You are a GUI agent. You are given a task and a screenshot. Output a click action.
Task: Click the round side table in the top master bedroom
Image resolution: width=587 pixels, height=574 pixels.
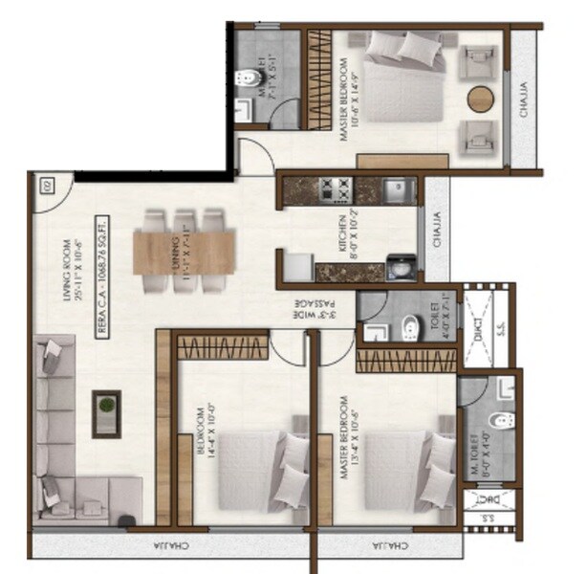click(x=481, y=99)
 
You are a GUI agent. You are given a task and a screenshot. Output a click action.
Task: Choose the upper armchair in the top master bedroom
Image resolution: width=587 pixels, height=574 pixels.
click(x=476, y=63)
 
